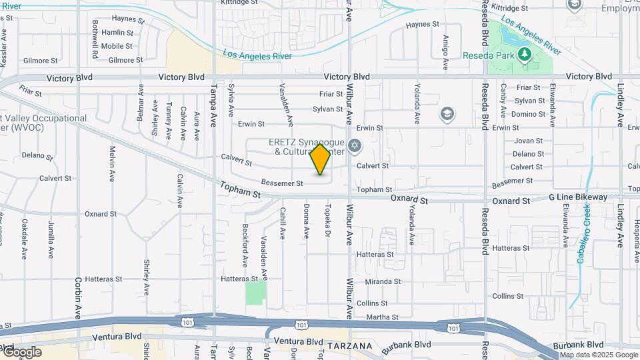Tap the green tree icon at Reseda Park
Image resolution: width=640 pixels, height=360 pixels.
pyautogui.click(x=525, y=53)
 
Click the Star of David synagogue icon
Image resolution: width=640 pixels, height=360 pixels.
pyautogui.click(x=355, y=145)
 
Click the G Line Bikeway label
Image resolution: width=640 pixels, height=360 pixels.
pyautogui.click(x=578, y=197)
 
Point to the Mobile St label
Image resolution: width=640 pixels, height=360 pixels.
pyautogui.click(x=117, y=46)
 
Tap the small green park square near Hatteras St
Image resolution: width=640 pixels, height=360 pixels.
pyautogui.click(x=255, y=293)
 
